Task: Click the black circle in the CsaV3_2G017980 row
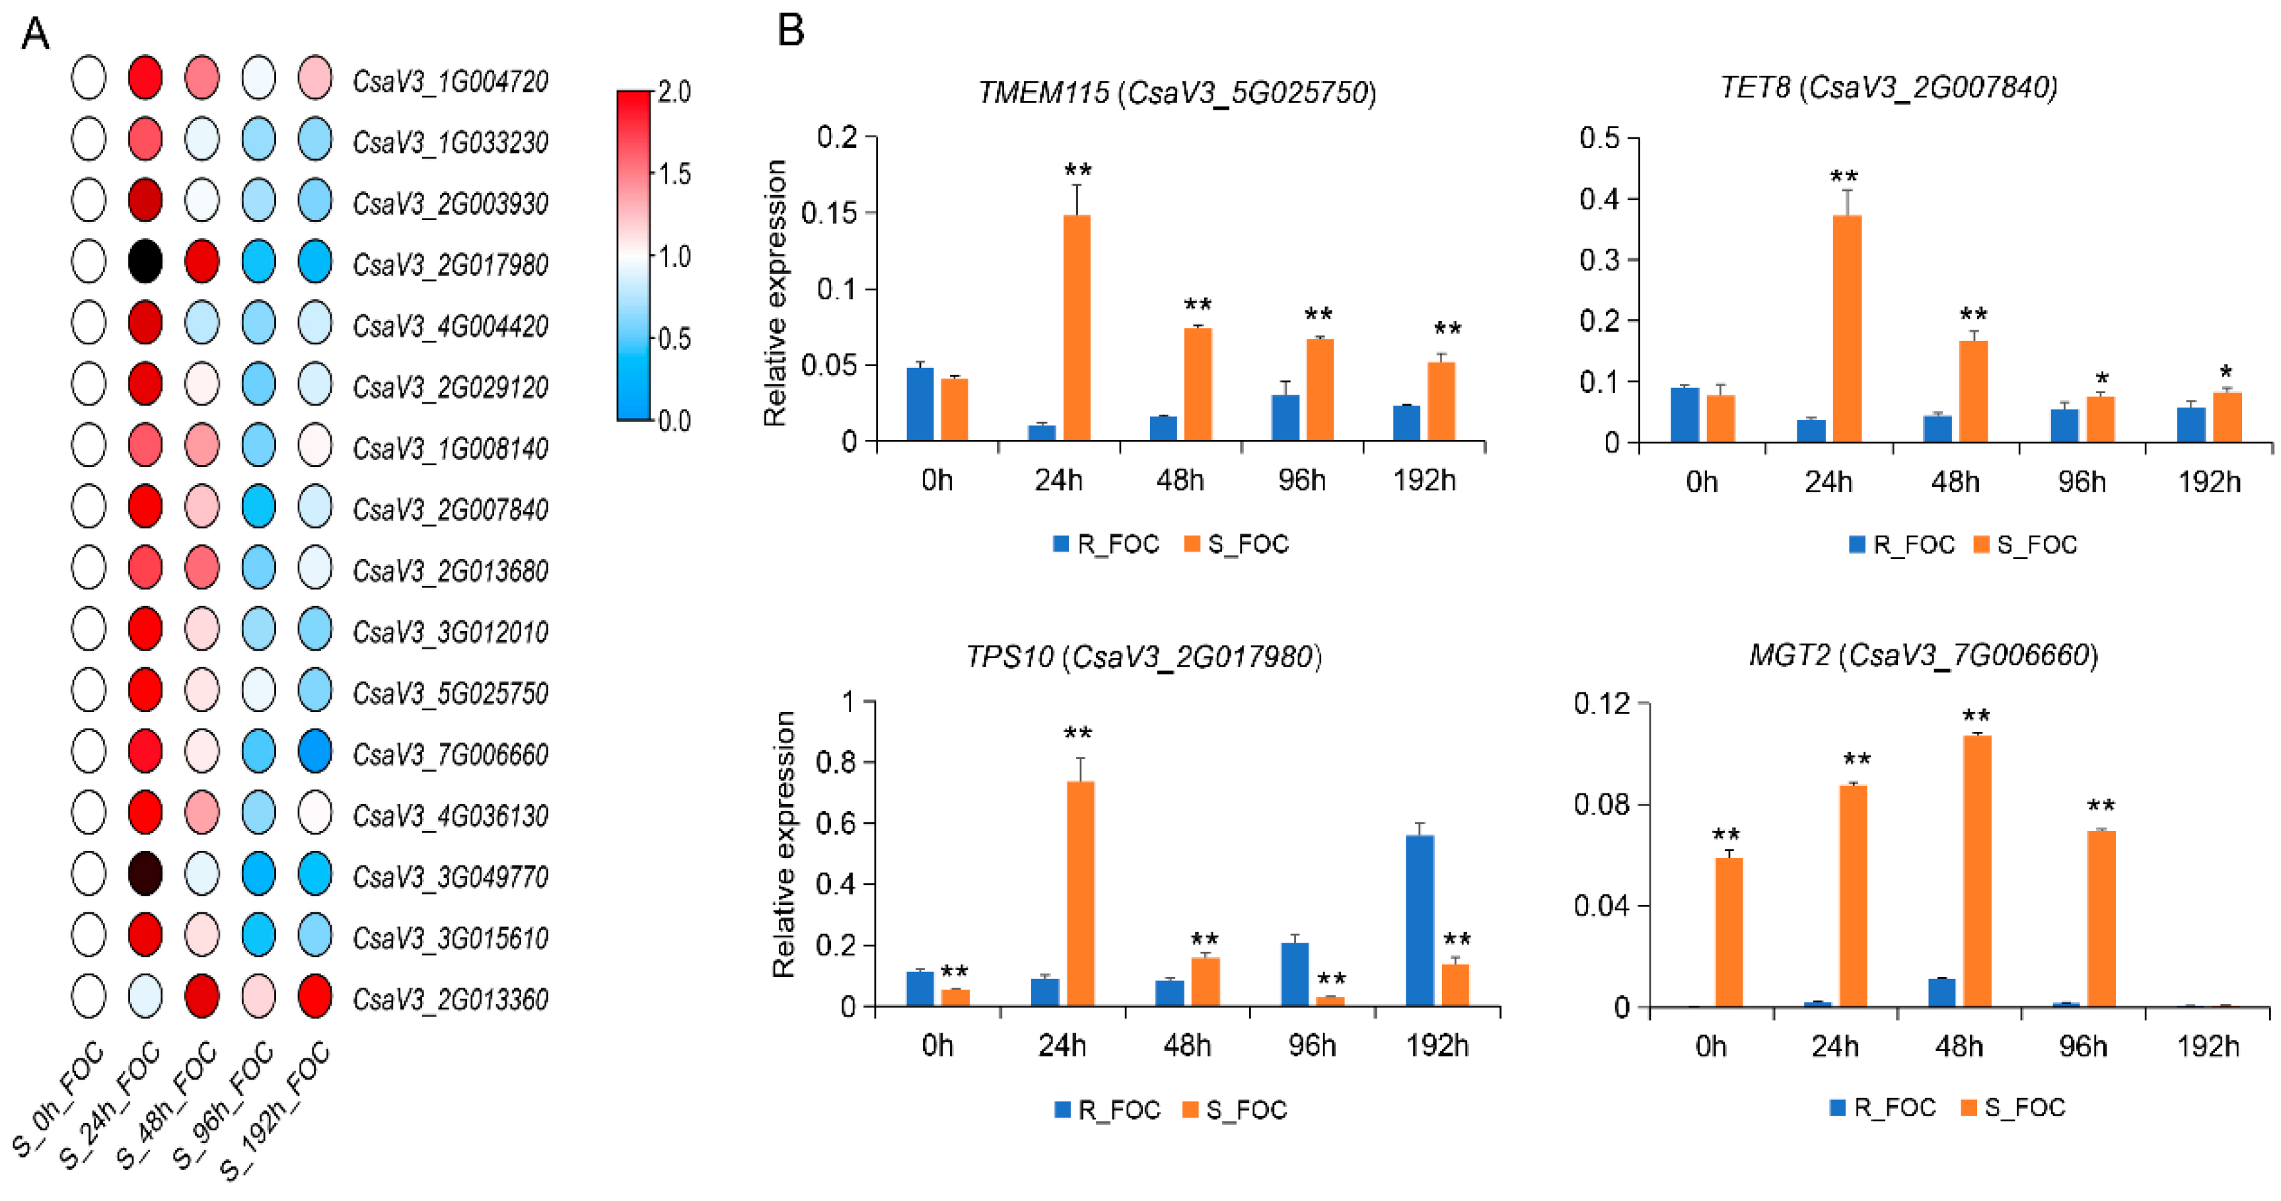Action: pyautogui.click(x=145, y=262)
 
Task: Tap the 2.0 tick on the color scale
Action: pyautogui.click(x=674, y=92)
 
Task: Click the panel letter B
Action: pyautogui.click(x=790, y=31)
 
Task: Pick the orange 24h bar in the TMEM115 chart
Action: pyautogui.click(x=1077, y=328)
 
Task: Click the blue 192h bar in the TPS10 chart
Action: pyautogui.click(x=1420, y=920)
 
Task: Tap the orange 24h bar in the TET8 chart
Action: pyautogui.click(x=1846, y=328)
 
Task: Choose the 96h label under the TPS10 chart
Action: pyautogui.click(x=1311, y=1046)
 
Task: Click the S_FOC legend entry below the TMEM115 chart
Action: pyautogui.click(x=1237, y=544)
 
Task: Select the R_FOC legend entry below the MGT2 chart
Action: pyautogui.click(x=1883, y=1107)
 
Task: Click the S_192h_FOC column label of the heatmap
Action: pyautogui.click(x=276, y=1112)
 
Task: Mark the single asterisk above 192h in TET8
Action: pyautogui.click(x=2226, y=373)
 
